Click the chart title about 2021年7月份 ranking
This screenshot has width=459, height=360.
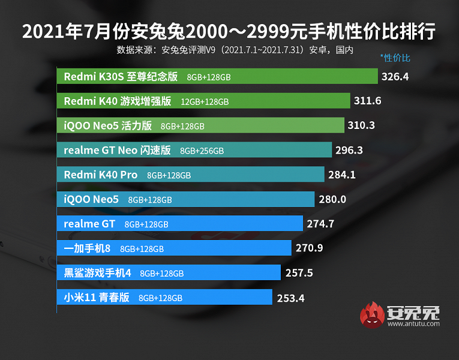click(229, 31)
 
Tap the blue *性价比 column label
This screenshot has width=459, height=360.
click(395, 58)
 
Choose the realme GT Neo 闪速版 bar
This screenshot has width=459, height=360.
click(194, 150)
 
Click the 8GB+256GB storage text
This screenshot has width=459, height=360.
click(202, 151)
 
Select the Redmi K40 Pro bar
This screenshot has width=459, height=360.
click(191, 175)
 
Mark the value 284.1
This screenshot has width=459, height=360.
click(343, 175)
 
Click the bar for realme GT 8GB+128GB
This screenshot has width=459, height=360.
click(180, 224)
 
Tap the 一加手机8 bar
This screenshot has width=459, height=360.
click(174, 248)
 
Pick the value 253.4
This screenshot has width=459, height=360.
click(291, 297)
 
